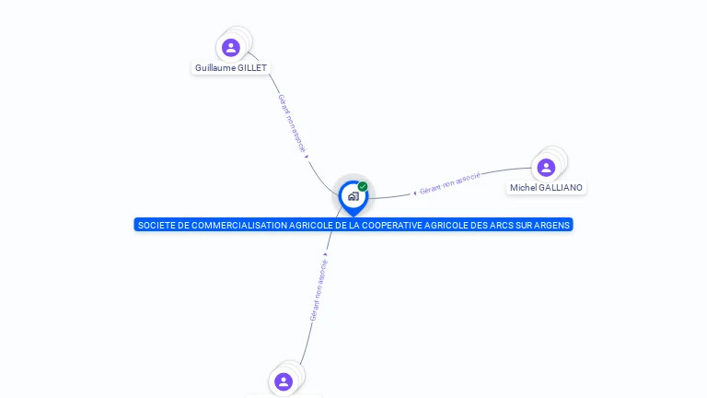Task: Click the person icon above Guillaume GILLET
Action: coord(231,47)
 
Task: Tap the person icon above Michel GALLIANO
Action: coord(546,167)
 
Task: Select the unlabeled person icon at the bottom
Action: coord(284,380)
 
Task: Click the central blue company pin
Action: coord(353,196)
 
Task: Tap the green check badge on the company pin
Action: coord(363,187)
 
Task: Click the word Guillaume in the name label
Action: coord(215,68)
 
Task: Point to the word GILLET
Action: coord(252,68)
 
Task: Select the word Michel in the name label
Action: coord(523,188)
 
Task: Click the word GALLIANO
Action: coord(561,188)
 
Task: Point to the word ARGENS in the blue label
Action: coord(554,225)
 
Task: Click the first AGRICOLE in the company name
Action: coord(309,225)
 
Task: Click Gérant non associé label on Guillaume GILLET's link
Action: coord(292,123)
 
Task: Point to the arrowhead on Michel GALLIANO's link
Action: coord(415,193)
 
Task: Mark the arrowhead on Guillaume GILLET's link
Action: coord(307,156)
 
